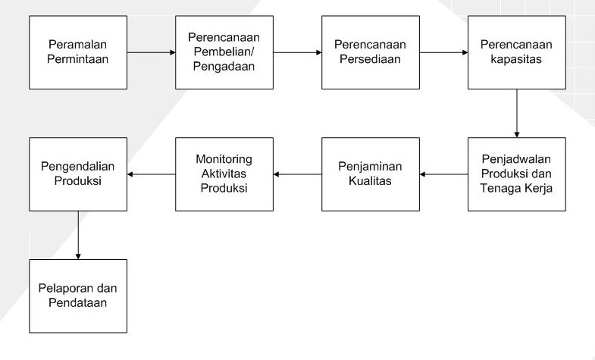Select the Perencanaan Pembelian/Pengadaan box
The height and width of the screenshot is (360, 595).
pos(224,52)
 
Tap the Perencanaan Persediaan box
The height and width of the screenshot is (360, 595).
pos(370,52)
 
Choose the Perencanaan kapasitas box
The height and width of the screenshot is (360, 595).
pos(516,52)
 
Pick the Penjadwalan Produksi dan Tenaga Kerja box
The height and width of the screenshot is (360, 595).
pos(516,174)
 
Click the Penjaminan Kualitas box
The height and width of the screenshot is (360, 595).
pos(370,174)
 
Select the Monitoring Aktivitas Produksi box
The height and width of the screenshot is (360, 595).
pos(224,174)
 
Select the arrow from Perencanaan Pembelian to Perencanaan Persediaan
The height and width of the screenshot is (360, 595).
pos(296,52)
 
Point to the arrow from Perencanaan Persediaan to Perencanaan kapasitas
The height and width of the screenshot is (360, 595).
pos(443,52)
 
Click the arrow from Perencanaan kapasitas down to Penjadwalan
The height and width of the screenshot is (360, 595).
pos(516,113)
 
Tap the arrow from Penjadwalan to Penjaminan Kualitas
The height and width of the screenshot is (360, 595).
pos(443,174)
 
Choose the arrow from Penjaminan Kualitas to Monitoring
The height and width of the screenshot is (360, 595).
pos(296,174)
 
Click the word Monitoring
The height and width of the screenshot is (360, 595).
pos(224,161)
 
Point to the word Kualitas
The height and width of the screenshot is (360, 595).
pos(370,181)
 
